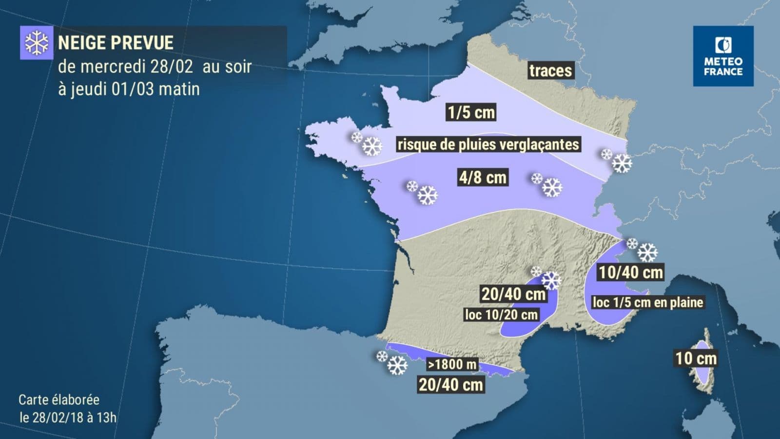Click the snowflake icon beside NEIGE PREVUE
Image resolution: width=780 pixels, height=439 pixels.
click(x=36, y=43)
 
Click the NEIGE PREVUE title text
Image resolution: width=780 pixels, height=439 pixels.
click(x=116, y=43)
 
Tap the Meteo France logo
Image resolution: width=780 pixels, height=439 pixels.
click(x=723, y=56)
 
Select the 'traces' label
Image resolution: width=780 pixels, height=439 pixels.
click(x=550, y=71)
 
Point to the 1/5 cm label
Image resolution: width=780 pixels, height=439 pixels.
click(x=471, y=113)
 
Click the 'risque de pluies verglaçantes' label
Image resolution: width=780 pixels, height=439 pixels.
click(x=488, y=144)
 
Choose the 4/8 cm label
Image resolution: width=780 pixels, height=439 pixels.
click(x=483, y=177)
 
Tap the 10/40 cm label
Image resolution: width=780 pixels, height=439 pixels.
click(x=631, y=272)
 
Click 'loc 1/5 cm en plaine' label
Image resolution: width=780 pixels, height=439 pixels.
click(x=647, y=302)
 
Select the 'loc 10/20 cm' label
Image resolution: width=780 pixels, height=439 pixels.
click(x=501, y=315)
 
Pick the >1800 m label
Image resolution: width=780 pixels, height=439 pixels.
click(x=452, y=364)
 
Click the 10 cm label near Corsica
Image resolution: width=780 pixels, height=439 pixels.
click(x=696, y=359)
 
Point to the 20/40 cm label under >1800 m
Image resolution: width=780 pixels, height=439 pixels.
click(x=451, y=384)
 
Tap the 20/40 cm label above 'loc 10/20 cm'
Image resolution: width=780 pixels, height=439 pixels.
click(x=513, y=294)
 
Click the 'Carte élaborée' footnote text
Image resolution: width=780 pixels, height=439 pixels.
click(x=59, y=400)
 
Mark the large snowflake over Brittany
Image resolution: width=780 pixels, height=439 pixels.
click(x=372, y=146)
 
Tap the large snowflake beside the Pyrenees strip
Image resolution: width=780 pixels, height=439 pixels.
click(x=397, y=365)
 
